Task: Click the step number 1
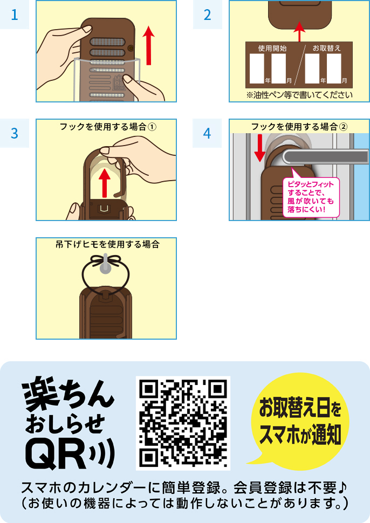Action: (15, 15)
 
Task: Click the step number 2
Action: (207, 15)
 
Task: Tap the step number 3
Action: (15, 133)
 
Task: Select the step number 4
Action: (207, 133)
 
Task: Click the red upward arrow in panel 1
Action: (148, 45)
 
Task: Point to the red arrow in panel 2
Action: (299, 32)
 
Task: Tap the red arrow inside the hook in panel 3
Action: (105, 183)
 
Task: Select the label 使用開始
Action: (272, 49)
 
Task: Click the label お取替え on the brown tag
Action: (327, 49)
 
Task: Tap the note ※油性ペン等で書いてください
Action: (299, 95)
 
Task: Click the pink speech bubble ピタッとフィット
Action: (311, 196)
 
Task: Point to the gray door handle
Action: (326, 157)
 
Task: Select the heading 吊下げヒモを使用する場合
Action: (107, 244)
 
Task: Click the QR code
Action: (183, 423)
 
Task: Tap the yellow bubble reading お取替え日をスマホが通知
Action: (299, 421)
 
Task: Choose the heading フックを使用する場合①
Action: (108, 127)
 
